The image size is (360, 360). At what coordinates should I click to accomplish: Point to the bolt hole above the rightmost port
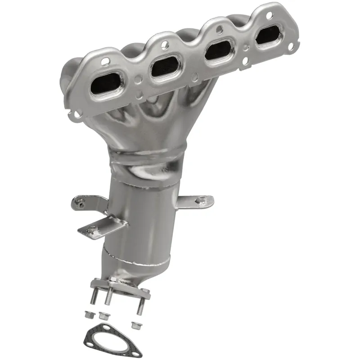[x=269, y=15]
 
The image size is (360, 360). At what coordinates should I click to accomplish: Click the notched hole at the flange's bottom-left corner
[x=77, y=114]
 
